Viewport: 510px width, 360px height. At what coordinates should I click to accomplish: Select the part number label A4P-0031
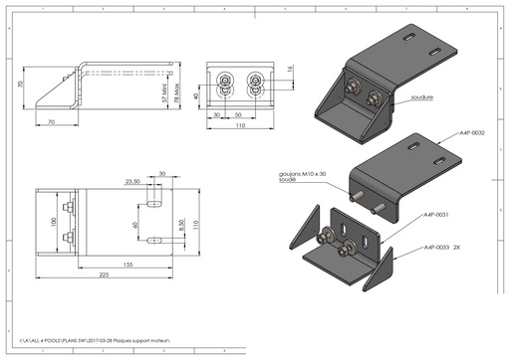point(437,215)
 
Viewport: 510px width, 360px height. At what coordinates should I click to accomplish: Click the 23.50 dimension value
point(130,182)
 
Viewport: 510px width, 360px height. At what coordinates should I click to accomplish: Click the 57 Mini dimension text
point(163,92)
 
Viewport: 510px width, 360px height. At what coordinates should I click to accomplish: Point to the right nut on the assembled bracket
point(375,97)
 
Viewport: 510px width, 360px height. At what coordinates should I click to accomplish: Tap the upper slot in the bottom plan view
point(153,203)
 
